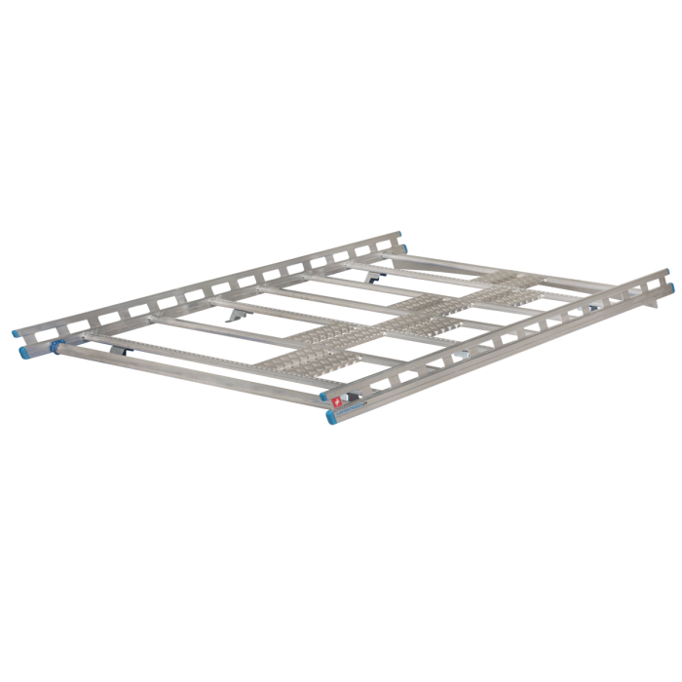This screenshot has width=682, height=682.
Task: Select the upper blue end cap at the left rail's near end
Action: pyautogui.click(x=20, y=331)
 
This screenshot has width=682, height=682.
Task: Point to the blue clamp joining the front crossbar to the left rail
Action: pyautogui.click(x=57, y=345)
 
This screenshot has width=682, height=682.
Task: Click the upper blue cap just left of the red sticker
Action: pyautogui.click(x=324, y=397)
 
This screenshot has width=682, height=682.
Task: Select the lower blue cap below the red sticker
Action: pyautogui.click(x=332, y=416)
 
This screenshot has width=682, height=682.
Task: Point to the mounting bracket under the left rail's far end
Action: pyautogui.click(x=372, y=277)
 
